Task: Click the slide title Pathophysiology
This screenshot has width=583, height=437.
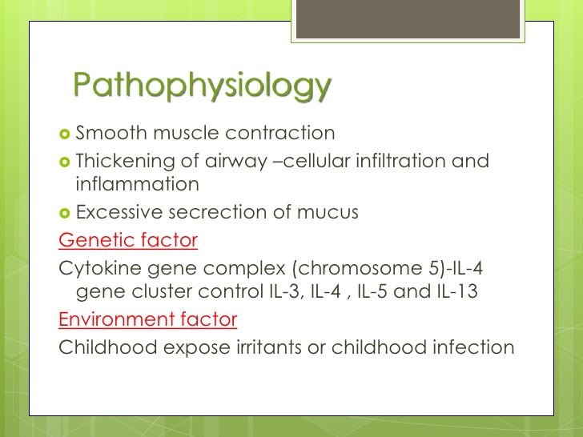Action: click(201, 87)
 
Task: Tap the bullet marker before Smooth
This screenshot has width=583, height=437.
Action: click(65, 133)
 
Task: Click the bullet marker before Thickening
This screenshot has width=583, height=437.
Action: click(65, 162)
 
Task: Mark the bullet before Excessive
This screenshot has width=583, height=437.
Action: click(65, 213)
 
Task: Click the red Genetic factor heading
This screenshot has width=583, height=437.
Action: click(128, 239)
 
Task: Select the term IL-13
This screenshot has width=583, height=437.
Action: click(457, 292)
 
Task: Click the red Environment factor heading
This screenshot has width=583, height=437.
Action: click(148, 319)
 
